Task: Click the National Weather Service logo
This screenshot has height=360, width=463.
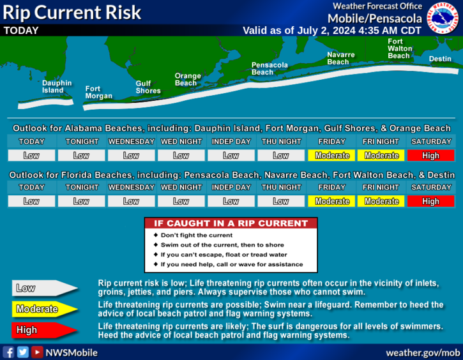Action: (443, 18)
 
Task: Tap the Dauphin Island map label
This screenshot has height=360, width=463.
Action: (57, 87)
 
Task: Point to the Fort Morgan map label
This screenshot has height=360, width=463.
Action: (98, 93)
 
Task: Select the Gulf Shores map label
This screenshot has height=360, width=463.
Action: (148, 87)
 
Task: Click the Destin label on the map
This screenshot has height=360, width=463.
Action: (440, 59)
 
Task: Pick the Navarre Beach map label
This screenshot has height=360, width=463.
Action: (341, 59)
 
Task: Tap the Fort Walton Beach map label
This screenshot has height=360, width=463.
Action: (400, 49)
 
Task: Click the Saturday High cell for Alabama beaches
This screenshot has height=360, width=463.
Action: (431, 155)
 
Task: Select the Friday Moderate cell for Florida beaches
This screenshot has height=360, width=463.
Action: (331, 201)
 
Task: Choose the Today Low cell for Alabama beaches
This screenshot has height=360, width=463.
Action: (31, 155)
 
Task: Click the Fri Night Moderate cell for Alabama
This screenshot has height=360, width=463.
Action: (381, 155)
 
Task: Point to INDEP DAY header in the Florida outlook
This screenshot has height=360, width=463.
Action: (231, 187)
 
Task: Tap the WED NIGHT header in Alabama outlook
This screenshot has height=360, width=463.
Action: (181, 142)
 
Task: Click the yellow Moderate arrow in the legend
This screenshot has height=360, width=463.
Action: (45, 309)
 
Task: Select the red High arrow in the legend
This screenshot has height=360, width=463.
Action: (45, 330)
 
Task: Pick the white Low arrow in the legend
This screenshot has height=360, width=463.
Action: (45, 288)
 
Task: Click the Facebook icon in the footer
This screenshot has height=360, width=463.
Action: (8, 352)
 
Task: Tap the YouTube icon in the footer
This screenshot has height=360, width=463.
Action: (37, 352)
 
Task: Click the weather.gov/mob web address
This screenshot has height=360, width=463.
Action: (423, 352)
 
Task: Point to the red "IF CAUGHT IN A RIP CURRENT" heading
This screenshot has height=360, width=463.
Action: (231, 223)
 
